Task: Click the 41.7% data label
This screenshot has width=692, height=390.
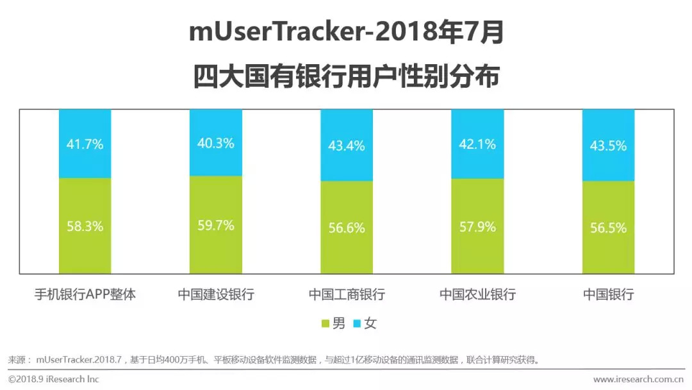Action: [85, 144]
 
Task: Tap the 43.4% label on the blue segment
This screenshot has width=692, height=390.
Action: [347, 146]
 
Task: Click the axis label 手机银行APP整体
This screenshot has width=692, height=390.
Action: [85, 295]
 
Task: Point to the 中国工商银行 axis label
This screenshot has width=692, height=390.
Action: [347, 295]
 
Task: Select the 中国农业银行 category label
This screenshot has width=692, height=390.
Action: [477, 295]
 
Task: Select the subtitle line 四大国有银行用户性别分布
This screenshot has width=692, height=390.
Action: [346, 77]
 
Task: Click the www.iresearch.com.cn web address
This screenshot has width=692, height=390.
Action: [639, 379]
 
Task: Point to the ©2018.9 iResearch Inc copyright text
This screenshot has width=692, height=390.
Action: [54, 379]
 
